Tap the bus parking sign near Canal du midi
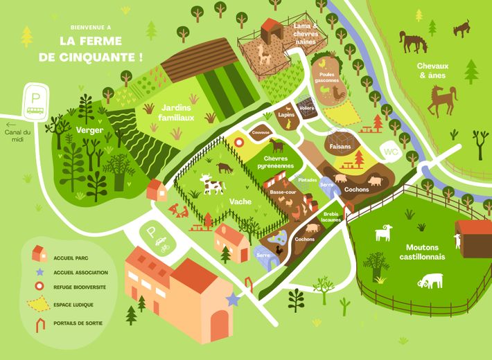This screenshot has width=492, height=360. click(34, 101)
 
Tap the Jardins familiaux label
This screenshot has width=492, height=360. click(177, 112)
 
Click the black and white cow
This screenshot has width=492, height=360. click(212, 184)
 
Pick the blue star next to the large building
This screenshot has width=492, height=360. click(233, 299)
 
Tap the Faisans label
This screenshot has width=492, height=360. click(340, 147)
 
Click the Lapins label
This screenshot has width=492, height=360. click(286, 114)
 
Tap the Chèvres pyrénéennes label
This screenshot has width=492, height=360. click(279, 163)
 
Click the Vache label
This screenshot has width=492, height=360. click(240, 201)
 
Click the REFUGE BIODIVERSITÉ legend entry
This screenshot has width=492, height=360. click(82, 286)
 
